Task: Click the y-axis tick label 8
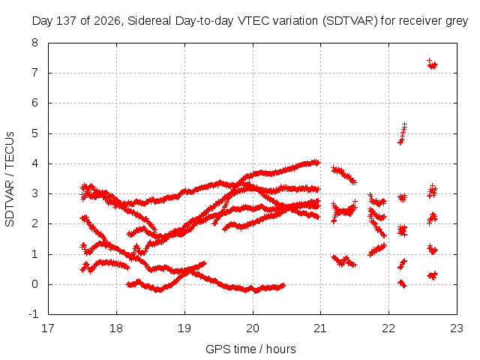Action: (x=35, y=43)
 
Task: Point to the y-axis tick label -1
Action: (x=33, y=314)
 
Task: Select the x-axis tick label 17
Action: (x=48, y=328)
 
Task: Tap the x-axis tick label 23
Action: (x=457, y=328)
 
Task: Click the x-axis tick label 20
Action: (x=253, y=328)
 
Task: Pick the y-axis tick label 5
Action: (x=35, y=133)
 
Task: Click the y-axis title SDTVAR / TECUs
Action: (x=10, y=179)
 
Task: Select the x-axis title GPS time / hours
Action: (x=250, y=349)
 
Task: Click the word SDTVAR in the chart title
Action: (x=350, y=21)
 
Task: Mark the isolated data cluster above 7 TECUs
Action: (x=432, y=64)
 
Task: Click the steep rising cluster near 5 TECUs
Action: (x=402, y=133)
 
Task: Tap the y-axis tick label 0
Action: (x=35, y=284)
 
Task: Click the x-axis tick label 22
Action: (x=388, y=328)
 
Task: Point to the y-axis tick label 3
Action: (x=35, y=193)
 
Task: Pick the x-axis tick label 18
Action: (x=116, y=328)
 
